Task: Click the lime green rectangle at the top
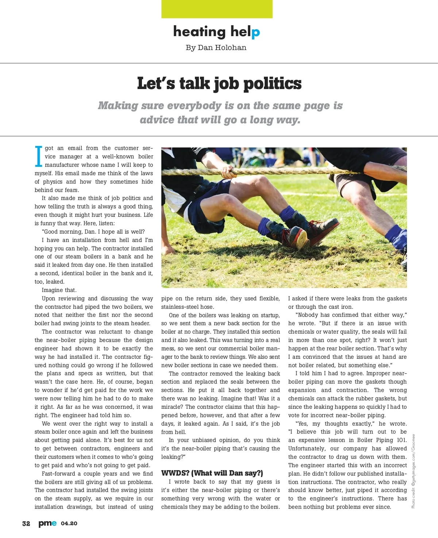click(x=217, y=9)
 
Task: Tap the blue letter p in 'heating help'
click(x=255, y=33)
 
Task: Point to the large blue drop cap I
click(x=38, y=156)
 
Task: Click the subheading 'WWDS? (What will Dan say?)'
click(x=212, y=473)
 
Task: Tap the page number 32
click(x=26, y=523)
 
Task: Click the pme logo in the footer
click(x=47, y=523)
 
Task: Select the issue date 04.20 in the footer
click(x=69, y=523)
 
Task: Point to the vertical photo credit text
click(x=413, y=471)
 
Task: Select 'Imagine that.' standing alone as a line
click(x=59, y=290)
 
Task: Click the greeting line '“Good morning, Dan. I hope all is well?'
click(x=93, y=232)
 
